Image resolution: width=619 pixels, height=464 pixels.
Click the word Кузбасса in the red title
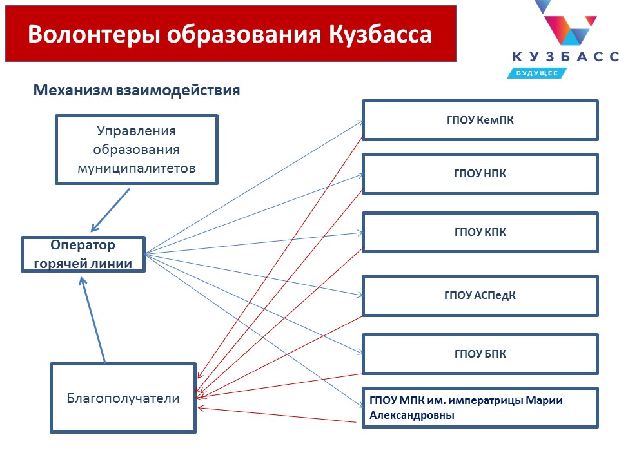click(x=380, y=35)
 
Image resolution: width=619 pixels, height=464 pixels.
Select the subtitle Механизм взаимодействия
click(x=137, y=90)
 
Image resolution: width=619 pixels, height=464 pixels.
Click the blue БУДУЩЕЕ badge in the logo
click(x=537, y=73)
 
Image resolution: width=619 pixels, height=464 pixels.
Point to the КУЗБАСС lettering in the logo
click(x=565, y=57)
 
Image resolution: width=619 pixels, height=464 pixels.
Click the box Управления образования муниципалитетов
click(x=137, y=150)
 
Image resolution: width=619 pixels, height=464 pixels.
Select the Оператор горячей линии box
click(x=83, y=254)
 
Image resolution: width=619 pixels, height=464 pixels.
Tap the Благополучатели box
click(x=123, y=398)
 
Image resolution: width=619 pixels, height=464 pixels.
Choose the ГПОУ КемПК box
click(x=480, y=120)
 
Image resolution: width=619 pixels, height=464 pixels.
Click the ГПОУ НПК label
click(x=480, y=173)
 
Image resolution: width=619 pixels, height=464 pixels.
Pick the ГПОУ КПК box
click(x=480, y=233)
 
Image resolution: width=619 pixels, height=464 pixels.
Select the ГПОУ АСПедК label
click(x=480, y=295)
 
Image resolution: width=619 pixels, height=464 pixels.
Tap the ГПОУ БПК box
click(x=480, y=354)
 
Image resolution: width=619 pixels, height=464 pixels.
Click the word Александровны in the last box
click(x=412, y=415)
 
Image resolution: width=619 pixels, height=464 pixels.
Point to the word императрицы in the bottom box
click(x=485, y=401)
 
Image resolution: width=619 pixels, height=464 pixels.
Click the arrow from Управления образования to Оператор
click(x=110, y=210)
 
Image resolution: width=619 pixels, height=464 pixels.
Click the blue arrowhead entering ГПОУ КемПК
click(x=359, y=122)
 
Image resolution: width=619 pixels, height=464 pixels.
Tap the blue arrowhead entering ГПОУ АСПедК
click(x=359, y=295)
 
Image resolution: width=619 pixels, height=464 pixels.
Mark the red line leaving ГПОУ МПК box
click(x=277, y=414)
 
